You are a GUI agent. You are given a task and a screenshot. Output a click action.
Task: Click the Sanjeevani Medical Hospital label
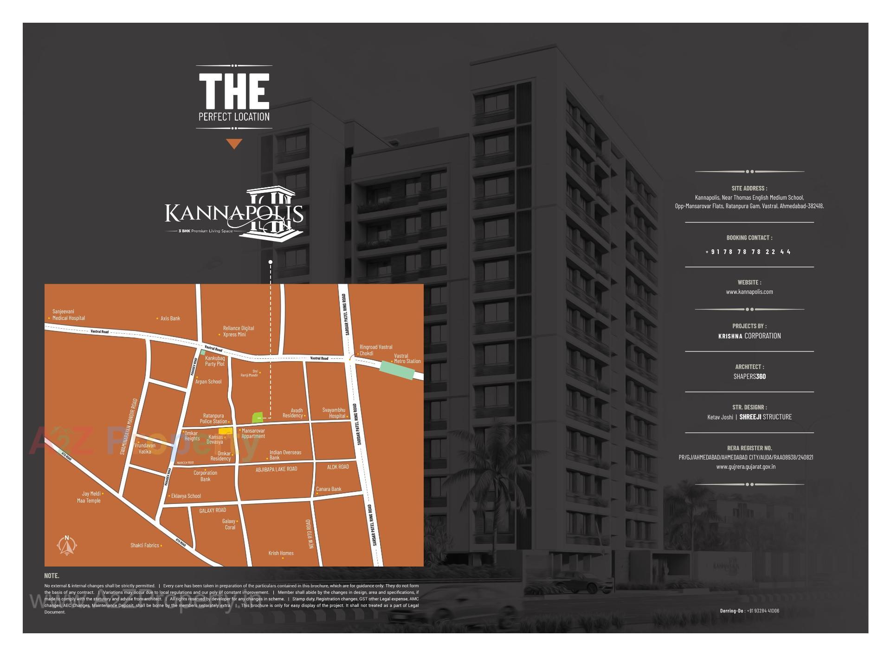click(x=68, y=315)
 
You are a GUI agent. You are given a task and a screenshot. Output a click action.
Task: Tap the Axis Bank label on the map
click(x=170, y=318)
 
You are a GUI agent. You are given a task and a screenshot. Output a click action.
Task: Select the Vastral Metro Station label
click(x=407, y=359)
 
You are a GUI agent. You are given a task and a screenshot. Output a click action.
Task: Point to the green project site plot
click(x=258, y=417)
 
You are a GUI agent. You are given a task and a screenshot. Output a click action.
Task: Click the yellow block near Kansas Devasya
click(x=226, y=431)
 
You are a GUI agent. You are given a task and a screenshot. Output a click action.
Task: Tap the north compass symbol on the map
click(x=67, y=546)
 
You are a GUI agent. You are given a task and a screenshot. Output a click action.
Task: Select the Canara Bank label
click(x=329, y=489)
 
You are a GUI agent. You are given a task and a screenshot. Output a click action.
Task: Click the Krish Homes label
click(x=281, y=553)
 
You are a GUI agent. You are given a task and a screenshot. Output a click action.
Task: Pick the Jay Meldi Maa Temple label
click(x=89, y=497)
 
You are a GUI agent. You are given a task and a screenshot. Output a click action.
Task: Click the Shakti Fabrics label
click(x=145, y=546)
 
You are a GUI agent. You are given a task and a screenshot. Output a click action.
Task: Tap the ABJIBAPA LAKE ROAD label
click(x=276, y=470)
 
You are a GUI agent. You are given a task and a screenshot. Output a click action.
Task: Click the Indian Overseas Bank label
click(x=285, y=455)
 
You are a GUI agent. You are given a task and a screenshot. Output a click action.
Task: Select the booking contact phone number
click(x=748, y=252)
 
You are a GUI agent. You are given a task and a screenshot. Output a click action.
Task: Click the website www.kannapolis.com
click(x=749, y=292)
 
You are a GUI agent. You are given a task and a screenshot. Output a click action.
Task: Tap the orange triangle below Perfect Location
click(x=234, y=144)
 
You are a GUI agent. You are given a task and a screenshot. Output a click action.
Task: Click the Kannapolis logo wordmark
click(x=234, y=213)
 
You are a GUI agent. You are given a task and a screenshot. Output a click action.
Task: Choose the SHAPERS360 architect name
click(x=749, y=376)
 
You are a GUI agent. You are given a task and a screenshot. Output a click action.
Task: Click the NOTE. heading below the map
click(x=52, y=576)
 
